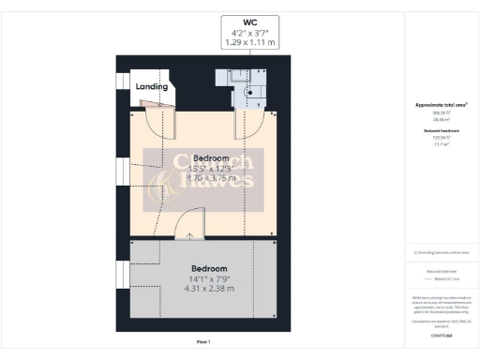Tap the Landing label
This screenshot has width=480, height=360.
(152, 86)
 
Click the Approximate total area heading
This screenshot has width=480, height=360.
(441, 105)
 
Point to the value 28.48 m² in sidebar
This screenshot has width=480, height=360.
(441, 120)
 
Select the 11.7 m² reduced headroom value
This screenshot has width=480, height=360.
(441, 144)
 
